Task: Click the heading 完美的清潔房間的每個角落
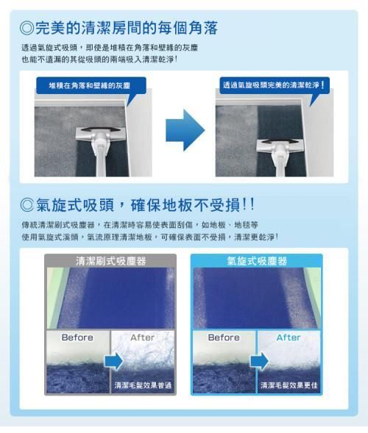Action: coord(127,28)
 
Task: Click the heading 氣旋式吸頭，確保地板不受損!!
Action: coord(145,205)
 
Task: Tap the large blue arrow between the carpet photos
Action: coord(185,130)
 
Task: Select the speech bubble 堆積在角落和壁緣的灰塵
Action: coord(91,87)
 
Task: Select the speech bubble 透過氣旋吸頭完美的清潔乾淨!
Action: coord(275,87)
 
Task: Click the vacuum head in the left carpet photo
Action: coord(101,135)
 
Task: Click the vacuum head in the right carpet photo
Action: coord(280,146)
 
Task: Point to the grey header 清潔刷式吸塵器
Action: coord(110,261)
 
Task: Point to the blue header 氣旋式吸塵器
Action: coord(257,261)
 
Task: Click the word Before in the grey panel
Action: coord(77,337)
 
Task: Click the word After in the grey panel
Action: coord(142,337)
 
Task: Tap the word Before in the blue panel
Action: coord(224,337)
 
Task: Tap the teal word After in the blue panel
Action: coord(289,337)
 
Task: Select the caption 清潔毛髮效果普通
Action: coord(143,385)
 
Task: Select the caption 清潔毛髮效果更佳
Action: coord(289,385)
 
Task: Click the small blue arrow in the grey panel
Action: coord(114,361)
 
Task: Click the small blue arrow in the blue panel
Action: coord(259,361)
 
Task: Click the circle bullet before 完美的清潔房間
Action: coord(26,28)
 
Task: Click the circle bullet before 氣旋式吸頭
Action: coord(26,205)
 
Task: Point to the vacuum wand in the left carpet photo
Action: coord(100,158)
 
